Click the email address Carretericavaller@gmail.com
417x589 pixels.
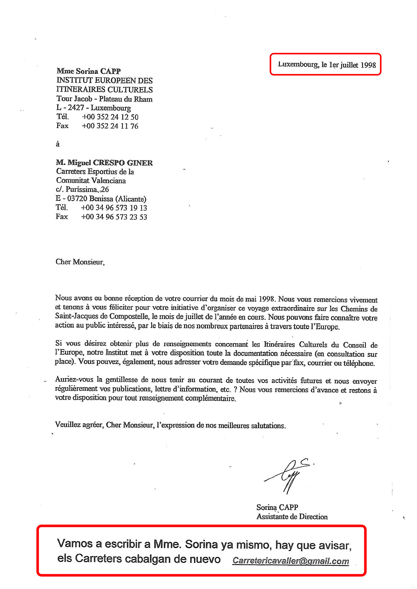coord(290,561)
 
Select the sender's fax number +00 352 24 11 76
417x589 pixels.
coord(110,126)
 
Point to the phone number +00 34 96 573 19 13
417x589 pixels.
coord(114,208)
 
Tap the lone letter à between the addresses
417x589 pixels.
coord(58,144)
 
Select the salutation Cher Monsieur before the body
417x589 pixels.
coord(80,262)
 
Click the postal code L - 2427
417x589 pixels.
coord(70,108)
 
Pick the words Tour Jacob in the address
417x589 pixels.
coord(74,99)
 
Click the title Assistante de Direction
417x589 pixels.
coord(292,516)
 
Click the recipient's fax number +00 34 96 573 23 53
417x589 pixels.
coord(114,217)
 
